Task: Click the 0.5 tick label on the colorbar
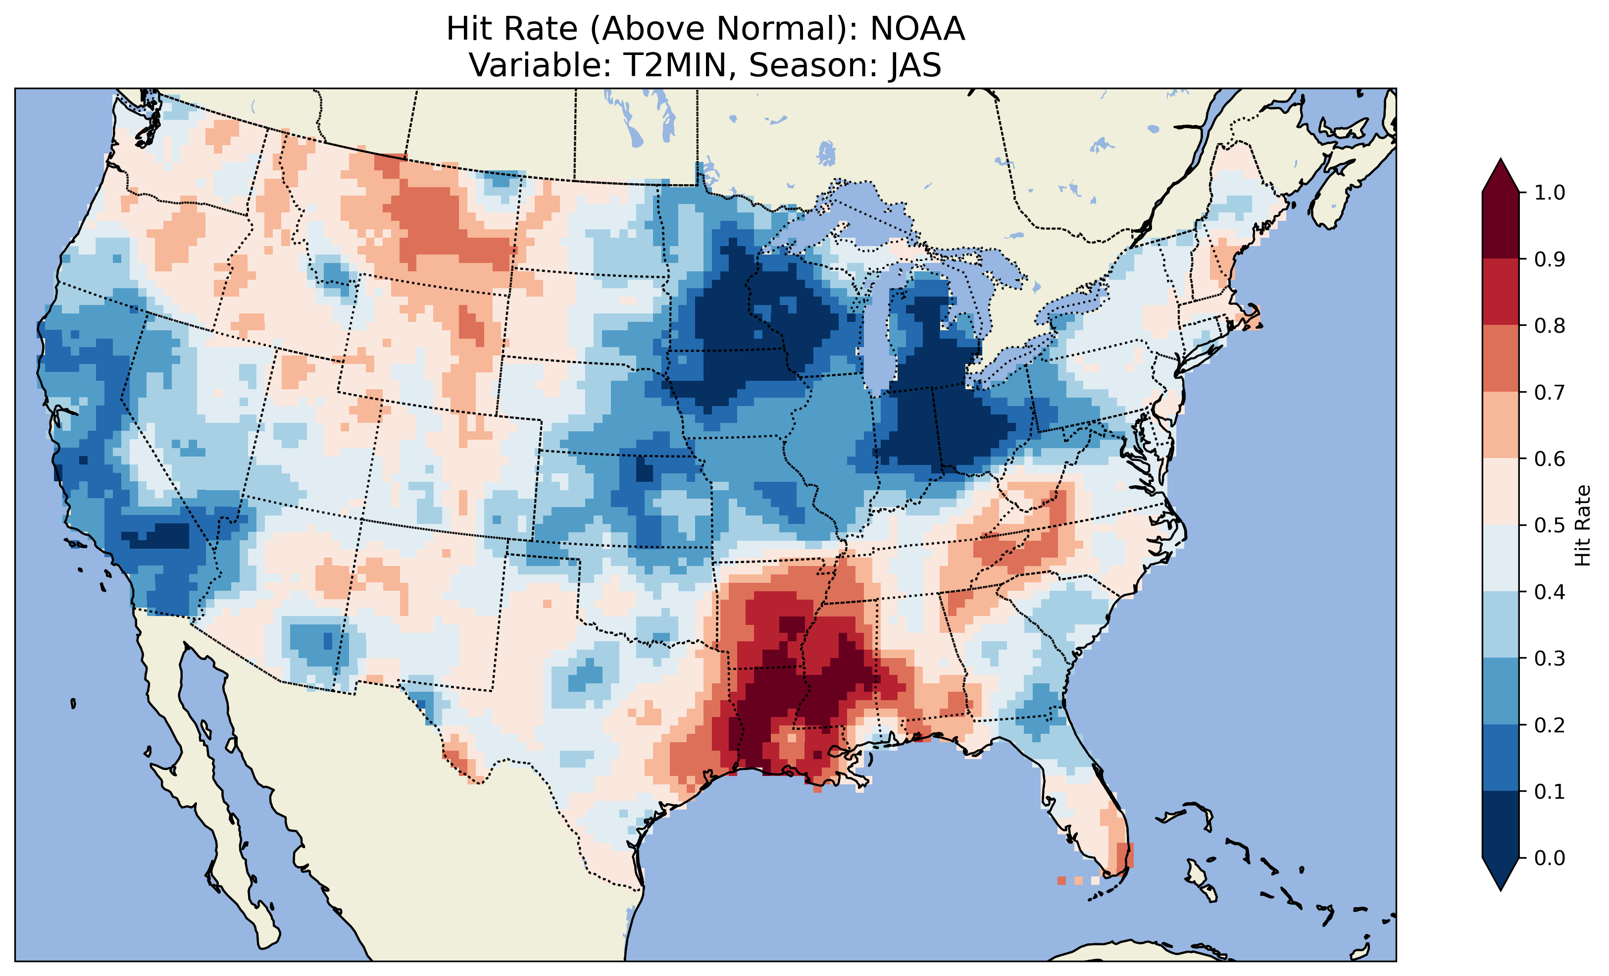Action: click(x=1550, y=525)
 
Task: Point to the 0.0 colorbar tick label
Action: click(x=1550, y=858)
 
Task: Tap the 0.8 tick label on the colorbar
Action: click(x=1550, y=325)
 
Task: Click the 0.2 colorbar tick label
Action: click(x=1550, y=724)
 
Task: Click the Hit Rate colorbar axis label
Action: click(x=1582, y=525)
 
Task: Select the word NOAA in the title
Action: click(x=917, y=29)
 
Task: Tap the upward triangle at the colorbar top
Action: click(x=1501, y=176)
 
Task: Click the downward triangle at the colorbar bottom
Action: click(x=1501, y=873)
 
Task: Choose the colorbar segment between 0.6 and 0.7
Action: click(x=1501, y=425)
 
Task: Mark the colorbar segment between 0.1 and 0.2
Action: click(x=1501, y=758)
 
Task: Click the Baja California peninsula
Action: click(x=196, y=784)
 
